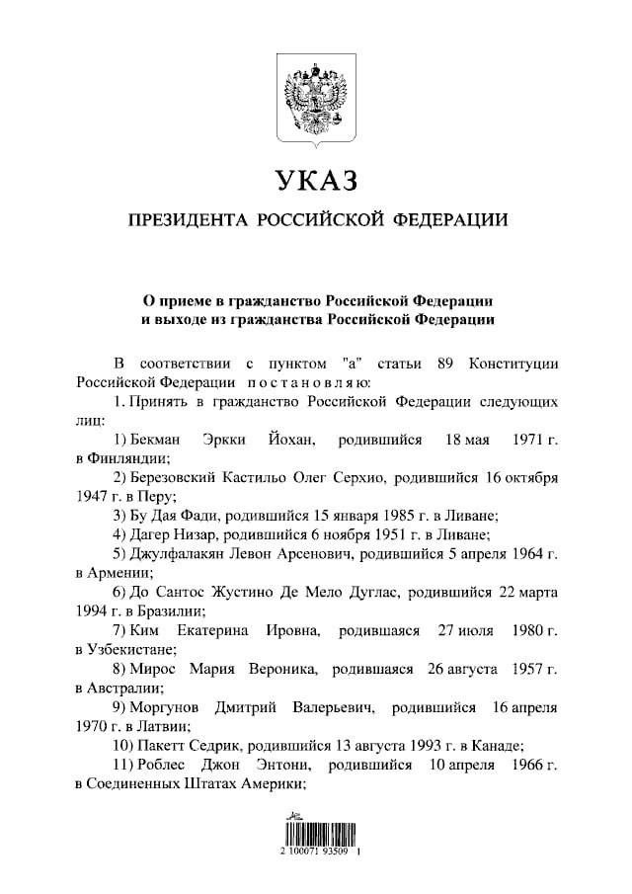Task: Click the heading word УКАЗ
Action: (316, 181)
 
